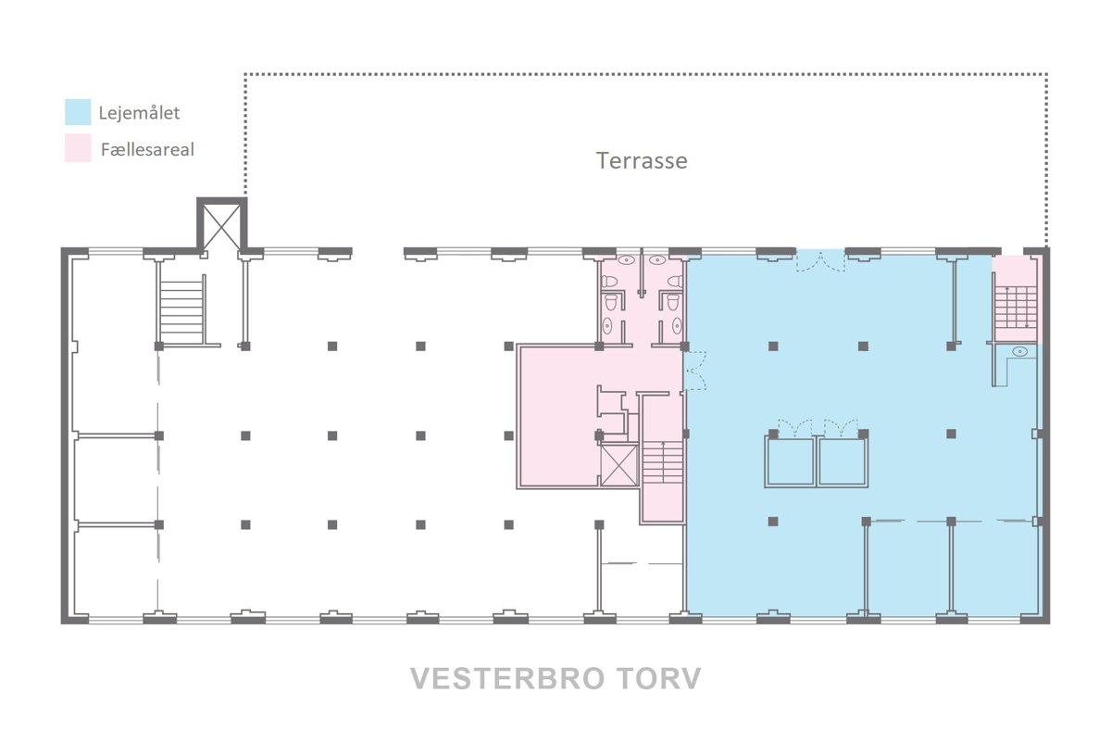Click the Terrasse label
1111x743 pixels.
642,160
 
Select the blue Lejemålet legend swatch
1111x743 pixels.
78,112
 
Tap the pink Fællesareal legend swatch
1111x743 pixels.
78,148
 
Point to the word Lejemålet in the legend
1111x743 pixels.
139,113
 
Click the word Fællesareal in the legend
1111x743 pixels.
147,149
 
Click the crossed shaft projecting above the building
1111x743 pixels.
221,227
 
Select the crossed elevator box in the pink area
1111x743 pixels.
619,465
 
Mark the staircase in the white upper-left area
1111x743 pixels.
181,309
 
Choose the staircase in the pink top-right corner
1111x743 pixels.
1017,307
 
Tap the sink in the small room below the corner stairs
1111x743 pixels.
1019,351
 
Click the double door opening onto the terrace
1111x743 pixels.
820,261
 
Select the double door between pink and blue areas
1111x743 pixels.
695,371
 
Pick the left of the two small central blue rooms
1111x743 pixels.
790,461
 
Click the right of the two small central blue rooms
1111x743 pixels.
843,461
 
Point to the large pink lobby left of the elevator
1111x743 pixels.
557,416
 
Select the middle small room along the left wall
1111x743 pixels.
116,480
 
